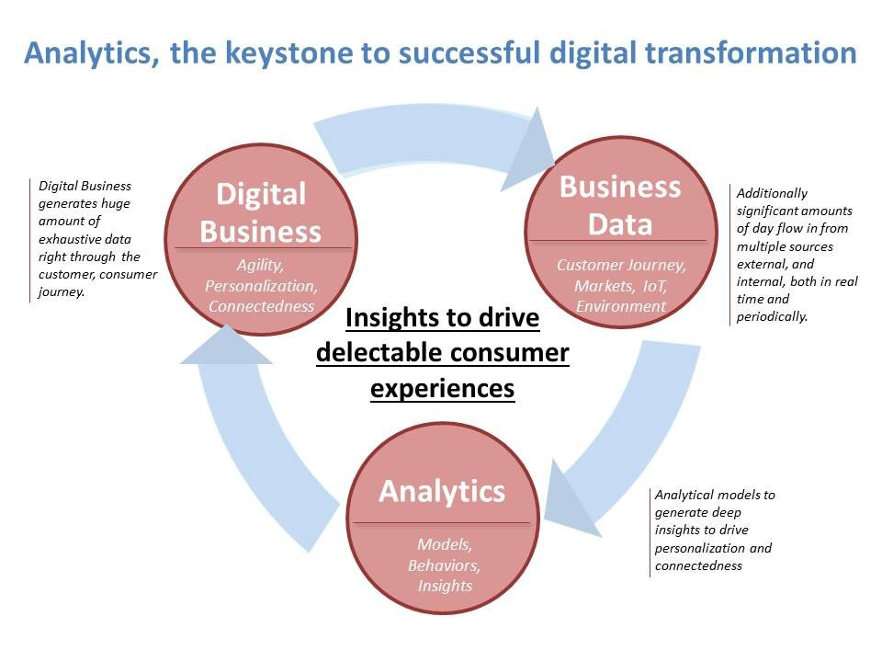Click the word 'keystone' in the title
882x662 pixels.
[289, 53]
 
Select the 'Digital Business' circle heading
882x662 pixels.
[261, 212]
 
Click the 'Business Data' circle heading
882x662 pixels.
[620, 205]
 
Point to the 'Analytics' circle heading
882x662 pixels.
[442, 491]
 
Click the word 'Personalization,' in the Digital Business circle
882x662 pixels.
[261, 286]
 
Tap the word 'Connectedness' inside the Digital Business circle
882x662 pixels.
[262, 306]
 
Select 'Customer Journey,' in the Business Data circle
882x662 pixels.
[622, 265]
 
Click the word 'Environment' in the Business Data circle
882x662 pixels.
[621, 306]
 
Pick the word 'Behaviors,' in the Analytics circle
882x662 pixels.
[445, 565]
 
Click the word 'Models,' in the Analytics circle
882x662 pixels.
[445, 544]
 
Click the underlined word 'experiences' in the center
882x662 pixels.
[442, 388]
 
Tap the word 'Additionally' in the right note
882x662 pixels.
[772, 194]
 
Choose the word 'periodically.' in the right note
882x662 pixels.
[772, 317]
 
